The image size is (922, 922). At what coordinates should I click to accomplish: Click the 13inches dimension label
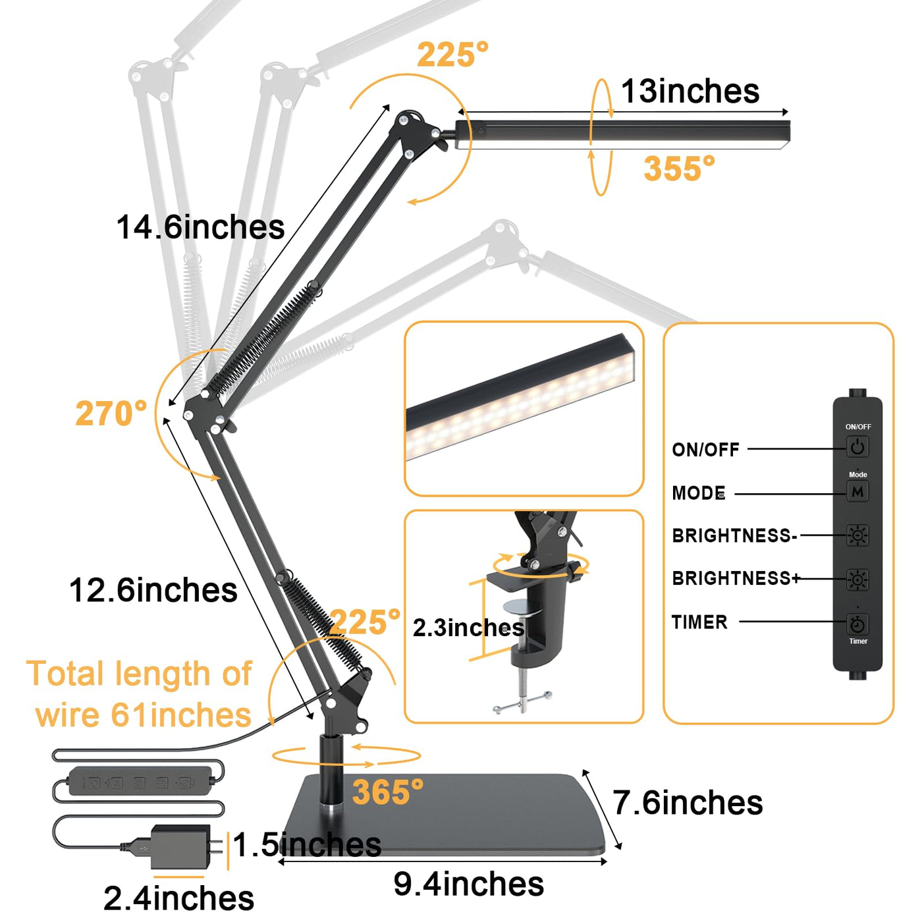pos(690,91)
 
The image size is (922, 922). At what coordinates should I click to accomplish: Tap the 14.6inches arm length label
pos(200,227)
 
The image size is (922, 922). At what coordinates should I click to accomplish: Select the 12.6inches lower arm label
pos(153,590)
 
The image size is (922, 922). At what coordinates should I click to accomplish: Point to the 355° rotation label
pos(679,169)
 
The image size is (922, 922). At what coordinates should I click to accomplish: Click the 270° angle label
pos(111,414)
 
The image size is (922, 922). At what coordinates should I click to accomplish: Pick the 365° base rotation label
pos(387,792)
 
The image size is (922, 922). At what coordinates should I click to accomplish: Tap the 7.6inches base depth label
pos(688,803)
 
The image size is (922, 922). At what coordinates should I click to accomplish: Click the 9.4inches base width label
pos(469,884)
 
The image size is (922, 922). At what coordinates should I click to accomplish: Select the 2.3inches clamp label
pos(468,628)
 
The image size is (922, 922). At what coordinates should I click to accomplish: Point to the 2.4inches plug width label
pos(178,898)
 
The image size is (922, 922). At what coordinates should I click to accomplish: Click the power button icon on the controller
pos(857,447)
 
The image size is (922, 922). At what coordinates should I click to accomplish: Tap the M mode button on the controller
pos(857,491)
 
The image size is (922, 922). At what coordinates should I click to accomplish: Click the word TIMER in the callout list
pos(699,622)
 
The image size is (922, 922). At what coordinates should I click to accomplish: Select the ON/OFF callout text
pos(705,450)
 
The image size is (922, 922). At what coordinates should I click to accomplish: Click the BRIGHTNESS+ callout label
pos(735,578)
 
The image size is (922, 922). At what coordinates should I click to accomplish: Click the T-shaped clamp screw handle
pos(522,703)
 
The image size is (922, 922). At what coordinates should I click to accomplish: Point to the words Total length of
pos(139,674)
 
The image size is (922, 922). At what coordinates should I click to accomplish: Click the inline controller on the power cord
pos(140,781)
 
